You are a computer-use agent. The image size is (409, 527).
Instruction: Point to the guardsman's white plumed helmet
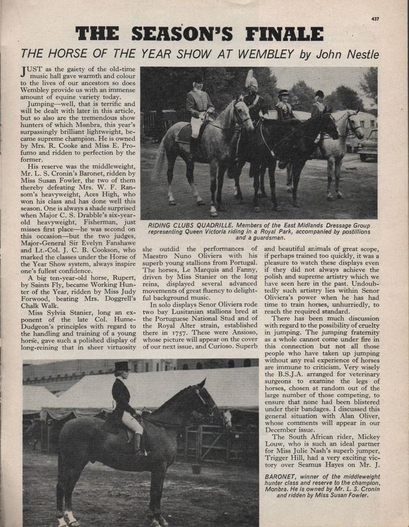(x=250, y=80)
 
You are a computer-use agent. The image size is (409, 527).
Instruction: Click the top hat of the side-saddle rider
(x=123, y=368)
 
